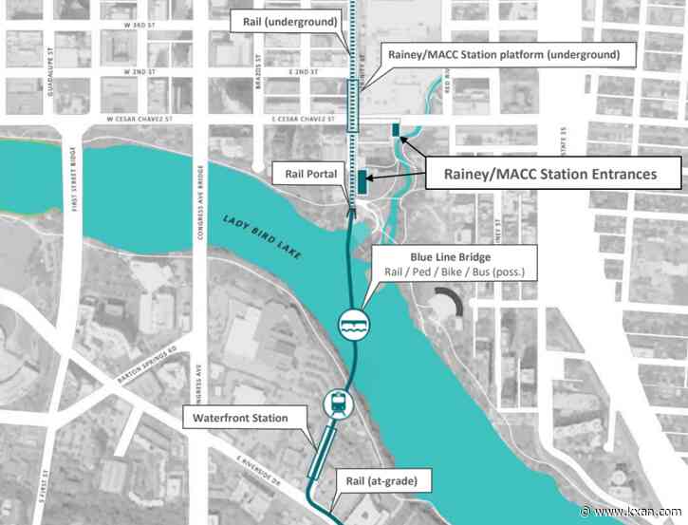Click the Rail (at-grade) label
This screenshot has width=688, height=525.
[x=381, y=480]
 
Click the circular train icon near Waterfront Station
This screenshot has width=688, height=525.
[x=338, y=403]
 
